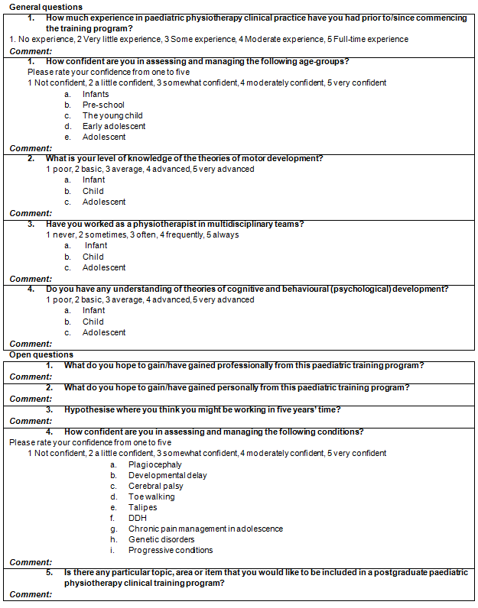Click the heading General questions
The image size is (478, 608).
(45, 7)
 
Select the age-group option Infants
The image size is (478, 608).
(96, 94)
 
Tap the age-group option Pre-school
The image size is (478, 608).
(103, 105)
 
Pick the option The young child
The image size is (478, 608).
(112, 115)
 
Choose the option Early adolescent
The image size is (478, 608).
(114, 126)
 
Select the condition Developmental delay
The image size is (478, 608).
(167, 475)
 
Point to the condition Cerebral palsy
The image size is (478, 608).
(155, 486)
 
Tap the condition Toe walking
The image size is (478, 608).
(151, 496)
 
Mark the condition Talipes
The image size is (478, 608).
(142, 507)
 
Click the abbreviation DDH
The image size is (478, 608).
(138, 518)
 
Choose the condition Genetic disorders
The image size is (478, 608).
(161, 539)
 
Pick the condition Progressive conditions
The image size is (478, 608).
(171, 550)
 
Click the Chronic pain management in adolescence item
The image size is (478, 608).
(206, 529)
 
